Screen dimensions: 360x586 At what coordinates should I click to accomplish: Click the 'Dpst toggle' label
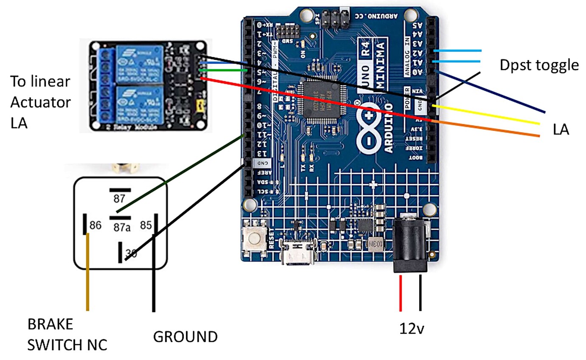[539, 65]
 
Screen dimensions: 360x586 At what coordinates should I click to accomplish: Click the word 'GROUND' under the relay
[185, 337]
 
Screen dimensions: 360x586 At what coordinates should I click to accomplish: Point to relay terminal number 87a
[121, 227]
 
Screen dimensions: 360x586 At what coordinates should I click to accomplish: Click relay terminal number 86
[95, 225]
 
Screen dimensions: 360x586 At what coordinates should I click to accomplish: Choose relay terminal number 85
[146, 225]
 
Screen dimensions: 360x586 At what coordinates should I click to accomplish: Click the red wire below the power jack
[400, 293]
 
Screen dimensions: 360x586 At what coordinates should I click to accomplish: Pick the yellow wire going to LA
[488, 115]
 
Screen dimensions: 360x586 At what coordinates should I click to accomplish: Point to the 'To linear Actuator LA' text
[40, 102]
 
